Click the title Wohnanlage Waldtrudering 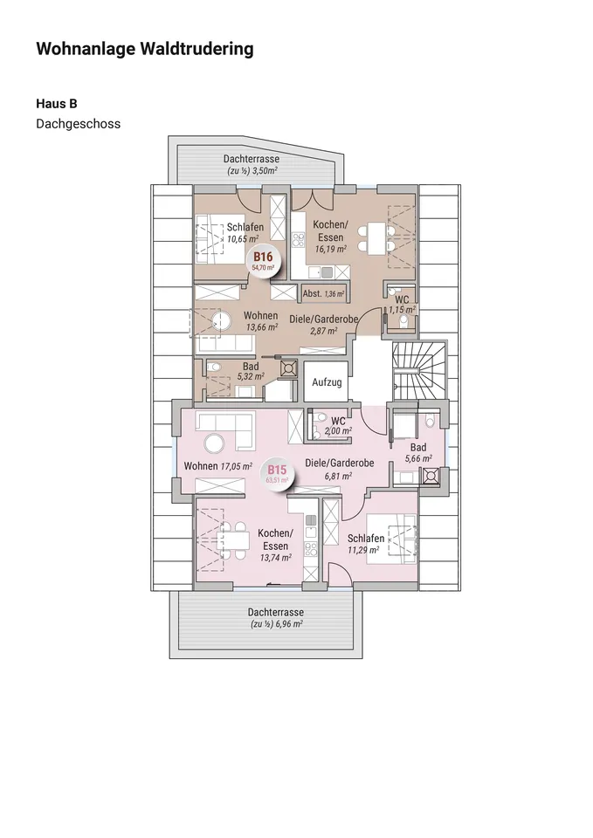pos(144,49)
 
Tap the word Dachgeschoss pos(78,124)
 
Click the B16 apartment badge pos(264,260)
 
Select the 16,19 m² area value pos(330,248)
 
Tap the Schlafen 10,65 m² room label pos(245,232)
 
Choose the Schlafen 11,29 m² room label pos(365,544)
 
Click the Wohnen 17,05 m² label pos(217,466)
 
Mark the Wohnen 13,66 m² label pos(261,321)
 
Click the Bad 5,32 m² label pos(250,372)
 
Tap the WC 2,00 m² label pos(337,425)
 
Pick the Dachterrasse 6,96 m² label pos(275,618)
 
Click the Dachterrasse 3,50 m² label pos(252,165)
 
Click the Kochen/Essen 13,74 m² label pos(274,539)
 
